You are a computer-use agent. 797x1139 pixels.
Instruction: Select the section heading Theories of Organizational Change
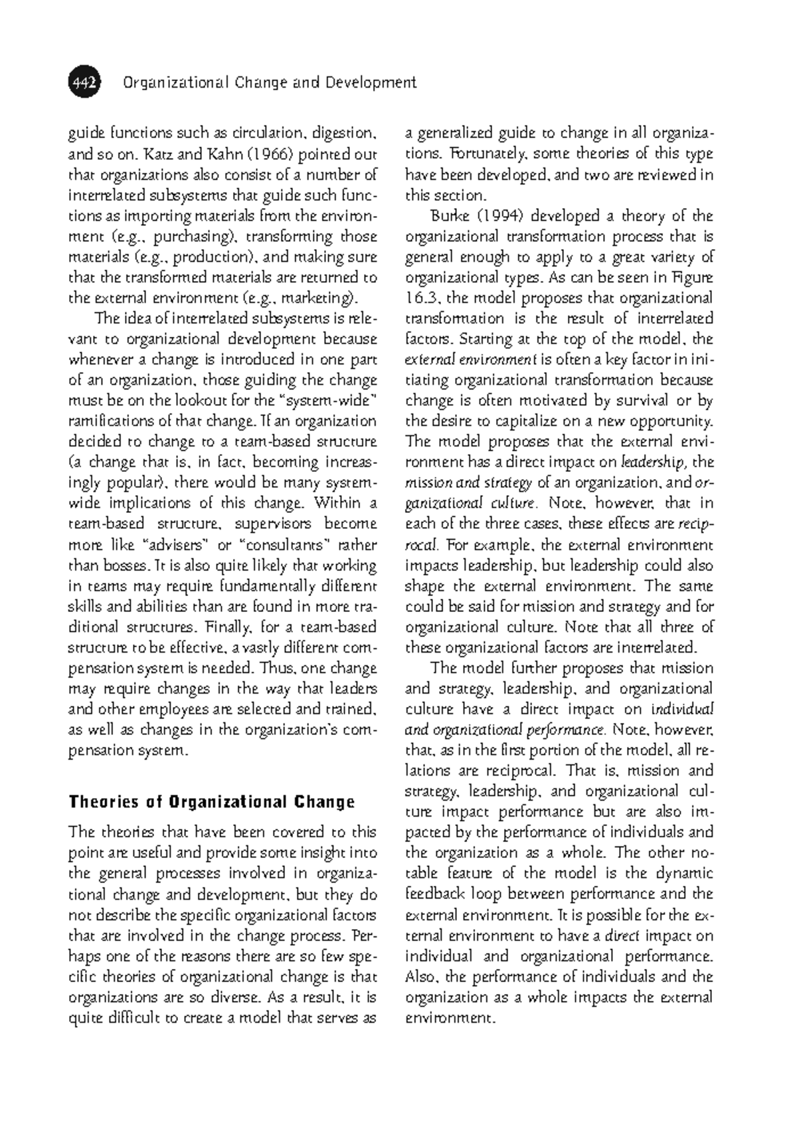click(212, 801)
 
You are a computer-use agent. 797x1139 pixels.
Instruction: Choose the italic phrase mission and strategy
click(468, 483)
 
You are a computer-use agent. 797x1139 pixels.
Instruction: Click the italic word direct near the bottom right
click(625, 936)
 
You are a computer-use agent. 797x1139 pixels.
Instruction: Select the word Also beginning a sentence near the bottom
click(422, 978)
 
